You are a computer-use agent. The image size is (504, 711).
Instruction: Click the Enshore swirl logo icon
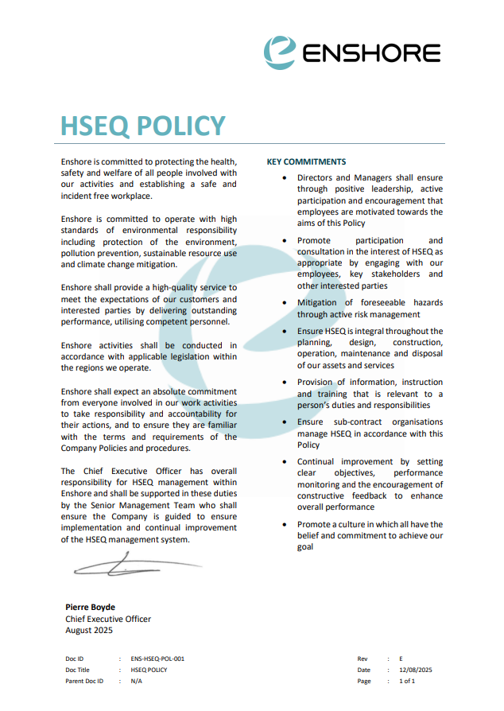pos(280,51)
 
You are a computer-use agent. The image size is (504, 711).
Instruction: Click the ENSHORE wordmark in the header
pos(370,53)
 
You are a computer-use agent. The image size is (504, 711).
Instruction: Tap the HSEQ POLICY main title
pos(143,126)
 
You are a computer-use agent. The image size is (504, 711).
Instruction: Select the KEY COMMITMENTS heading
pos(306,161)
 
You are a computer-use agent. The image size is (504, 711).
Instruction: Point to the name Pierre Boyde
pos(90,607)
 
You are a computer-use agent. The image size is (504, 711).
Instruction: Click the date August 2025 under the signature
pos(89,630)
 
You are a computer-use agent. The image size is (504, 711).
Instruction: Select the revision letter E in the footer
pos(401,659)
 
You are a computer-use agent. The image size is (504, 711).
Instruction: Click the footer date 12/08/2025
pos(415,670)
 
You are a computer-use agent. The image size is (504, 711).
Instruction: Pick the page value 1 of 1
pos(407,681)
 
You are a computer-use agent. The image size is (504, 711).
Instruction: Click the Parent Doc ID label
pos(84,681)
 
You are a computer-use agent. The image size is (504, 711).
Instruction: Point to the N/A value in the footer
pos(137,681)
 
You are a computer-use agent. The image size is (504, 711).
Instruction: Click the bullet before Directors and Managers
pos(285,178)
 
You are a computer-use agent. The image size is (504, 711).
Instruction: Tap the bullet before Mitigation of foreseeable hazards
pos(285,303)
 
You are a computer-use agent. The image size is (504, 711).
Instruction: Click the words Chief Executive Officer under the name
pos(108,619)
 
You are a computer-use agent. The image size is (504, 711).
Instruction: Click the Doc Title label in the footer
pos(78,670)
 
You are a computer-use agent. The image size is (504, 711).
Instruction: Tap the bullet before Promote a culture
pos(285,525)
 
